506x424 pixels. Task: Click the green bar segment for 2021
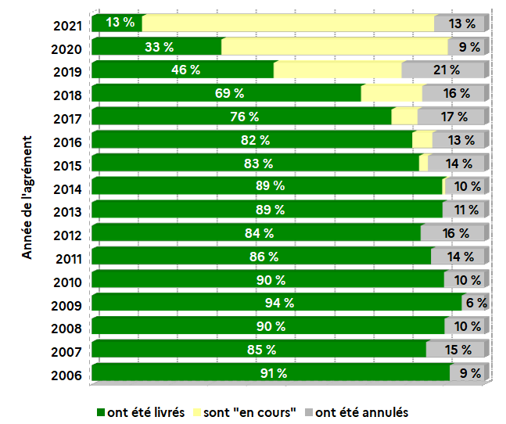coord(117,23)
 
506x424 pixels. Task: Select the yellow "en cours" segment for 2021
coord(288,23)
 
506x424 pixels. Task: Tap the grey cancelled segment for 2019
coord(444,70)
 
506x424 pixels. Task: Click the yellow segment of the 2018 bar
coord(392,93)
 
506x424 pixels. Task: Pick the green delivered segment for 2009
coord(276,303)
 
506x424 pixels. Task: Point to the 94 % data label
coord(278,303)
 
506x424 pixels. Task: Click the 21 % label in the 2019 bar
coord(447,70)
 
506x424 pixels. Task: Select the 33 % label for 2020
coord(159,47)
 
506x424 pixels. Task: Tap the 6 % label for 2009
coord(476,303)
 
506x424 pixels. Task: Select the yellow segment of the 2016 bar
coord(422,140)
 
